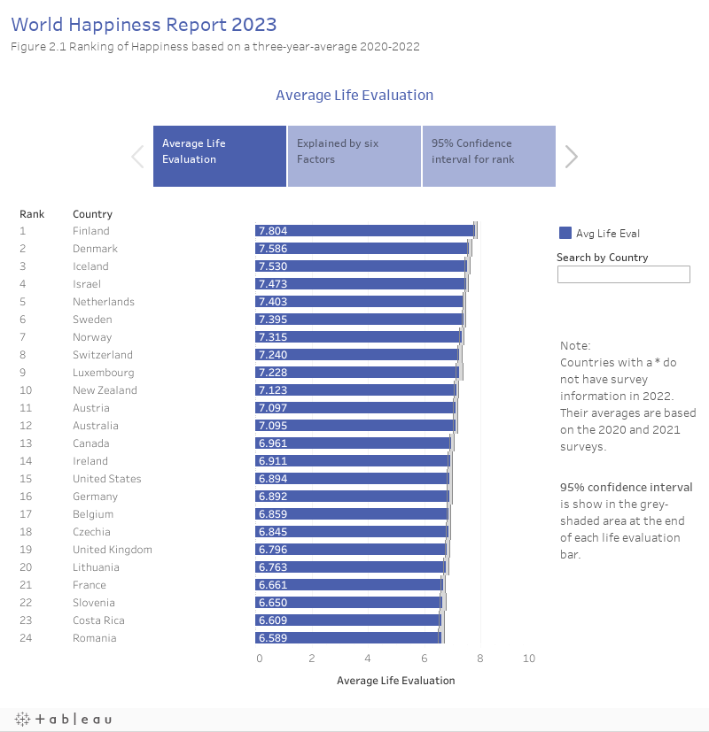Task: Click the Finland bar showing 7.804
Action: pyautogui.click(x=365, y=231)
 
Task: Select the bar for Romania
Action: pyautogui.click(x=347, y=638)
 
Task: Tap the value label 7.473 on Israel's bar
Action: pyautogui.click(x=272, y=284)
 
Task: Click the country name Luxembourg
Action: pyautogui.click(x=103, y=373)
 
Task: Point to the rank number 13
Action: pyautogui.click(x=26, y=443)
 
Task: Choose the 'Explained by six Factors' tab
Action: pyautogui.click(x=354, y=156)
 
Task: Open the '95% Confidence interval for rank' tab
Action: pyautogui.click(x=488, y=156)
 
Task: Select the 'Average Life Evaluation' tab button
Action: pyautogui.click(x=220, y=156)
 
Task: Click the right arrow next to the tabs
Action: pyautogui.click(x=572, y=157)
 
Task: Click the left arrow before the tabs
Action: pyautogui.click(x=137, y=157)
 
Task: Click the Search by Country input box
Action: pyautogui.click(x=623, y=274)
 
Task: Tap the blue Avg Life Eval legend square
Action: pyautogui.click(x=565, y=234)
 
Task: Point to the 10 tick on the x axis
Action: pyautogui.click(x=529, y=659)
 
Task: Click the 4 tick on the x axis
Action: pyautogui.click(x=368, y=659)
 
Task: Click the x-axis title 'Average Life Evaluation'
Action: pyautogui.click(x=395, y=681)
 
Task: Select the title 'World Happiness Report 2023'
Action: pyautogui.click(x=144, y=24)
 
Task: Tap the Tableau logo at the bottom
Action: pyautogui.click(x=63, y=720)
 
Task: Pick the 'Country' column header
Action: pyautogui.click(x=92, y=214)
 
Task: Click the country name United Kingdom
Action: pyautogui.click(x=112, y=550)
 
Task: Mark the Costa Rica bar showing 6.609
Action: pyautogui.click(x=348, y=620)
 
